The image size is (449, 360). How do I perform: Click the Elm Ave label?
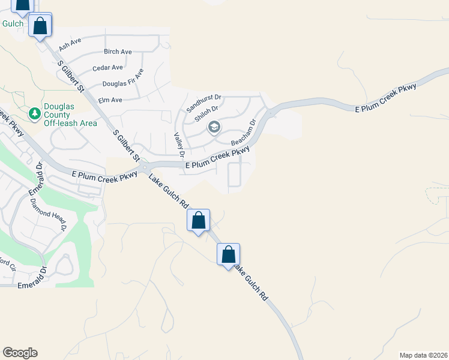(110, 100)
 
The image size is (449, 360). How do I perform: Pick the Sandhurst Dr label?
(204, 103)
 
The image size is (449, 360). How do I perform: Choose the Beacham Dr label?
(244, 133)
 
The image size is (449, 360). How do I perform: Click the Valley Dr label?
(179, 145)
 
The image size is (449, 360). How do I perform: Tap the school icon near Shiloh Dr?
(214, 127)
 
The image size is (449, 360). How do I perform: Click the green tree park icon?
(35, 113)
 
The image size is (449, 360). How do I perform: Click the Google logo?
(20, 353)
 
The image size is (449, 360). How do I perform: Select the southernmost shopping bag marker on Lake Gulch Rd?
(228, 254)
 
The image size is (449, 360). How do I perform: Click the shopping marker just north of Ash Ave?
(40, 26)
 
